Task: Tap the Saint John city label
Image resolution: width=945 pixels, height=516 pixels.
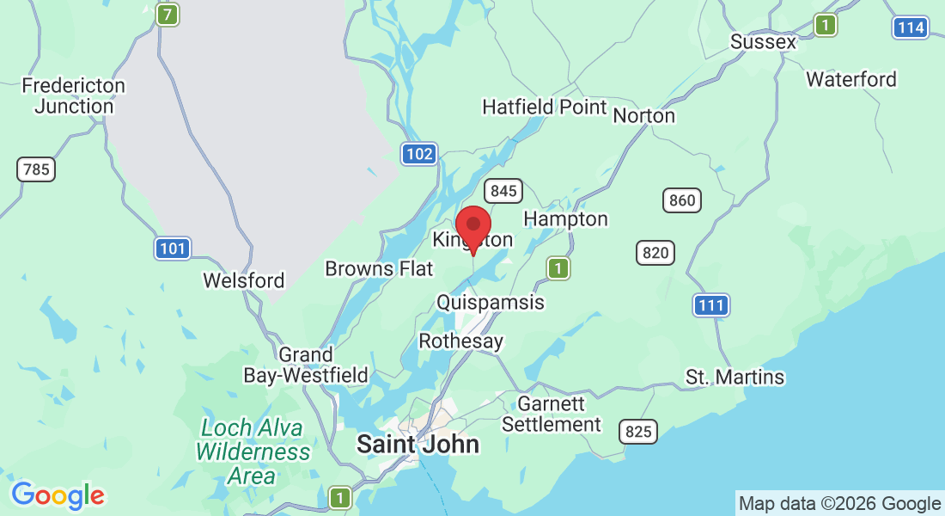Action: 418,444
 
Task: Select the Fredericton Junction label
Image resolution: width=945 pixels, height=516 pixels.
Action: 73,96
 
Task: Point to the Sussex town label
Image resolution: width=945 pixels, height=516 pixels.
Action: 763,41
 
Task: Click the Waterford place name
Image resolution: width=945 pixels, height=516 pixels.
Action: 850,79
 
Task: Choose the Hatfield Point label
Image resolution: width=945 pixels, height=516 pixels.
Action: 545,107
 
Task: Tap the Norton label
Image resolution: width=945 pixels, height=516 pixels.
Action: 643,114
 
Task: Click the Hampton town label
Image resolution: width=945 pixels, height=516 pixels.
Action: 565,219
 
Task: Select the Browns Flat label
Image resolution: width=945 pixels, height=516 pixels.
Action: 379,269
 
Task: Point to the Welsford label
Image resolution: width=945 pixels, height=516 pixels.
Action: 243,280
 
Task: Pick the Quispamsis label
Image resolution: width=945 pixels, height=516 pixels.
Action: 490,303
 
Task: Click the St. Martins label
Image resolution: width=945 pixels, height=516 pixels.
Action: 735,377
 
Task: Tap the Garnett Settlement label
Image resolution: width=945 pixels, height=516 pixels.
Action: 552,414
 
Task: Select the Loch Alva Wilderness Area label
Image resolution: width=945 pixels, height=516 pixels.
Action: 253,451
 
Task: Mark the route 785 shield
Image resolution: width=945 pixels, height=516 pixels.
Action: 36,169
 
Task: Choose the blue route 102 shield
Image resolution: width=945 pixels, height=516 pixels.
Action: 419,154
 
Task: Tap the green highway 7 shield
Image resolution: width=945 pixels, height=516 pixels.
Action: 168,15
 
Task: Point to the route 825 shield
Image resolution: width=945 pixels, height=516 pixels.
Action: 639,432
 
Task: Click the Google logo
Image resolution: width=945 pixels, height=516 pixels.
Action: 58,495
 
